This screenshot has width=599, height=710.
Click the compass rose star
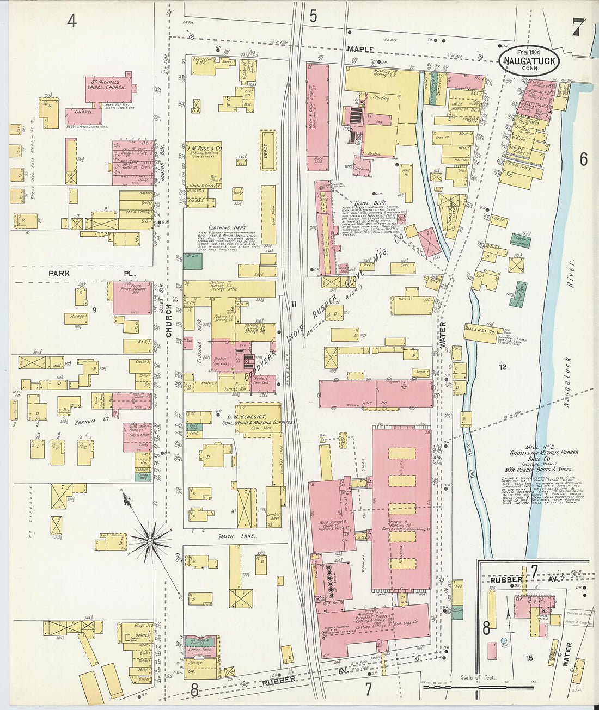click(x=150, y=540)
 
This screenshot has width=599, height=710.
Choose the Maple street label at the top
click(x=361, y=49)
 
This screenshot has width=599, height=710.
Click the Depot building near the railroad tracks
click(x=267, y=149)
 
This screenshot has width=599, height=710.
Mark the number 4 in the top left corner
click(x=72, y=20)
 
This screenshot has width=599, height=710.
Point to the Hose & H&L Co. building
click(x=479, y=331)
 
